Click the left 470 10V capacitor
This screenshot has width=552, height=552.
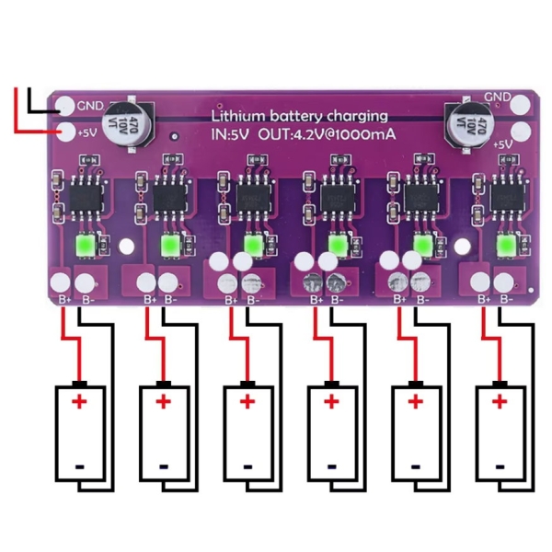click(129, 126)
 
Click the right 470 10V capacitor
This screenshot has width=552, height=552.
click(463, 122)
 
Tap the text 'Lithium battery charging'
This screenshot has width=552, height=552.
click(299, 117)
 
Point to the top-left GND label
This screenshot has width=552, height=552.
click(91, 105)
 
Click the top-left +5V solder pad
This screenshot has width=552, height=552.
click(64, 132)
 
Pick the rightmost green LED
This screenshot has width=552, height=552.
click(504, 246)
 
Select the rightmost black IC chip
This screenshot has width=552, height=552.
click(504, 198)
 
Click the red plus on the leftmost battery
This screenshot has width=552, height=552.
click(78, 401)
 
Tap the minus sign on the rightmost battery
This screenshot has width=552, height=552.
click(499, 466)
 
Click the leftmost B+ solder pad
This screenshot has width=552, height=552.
click(62, 282)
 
